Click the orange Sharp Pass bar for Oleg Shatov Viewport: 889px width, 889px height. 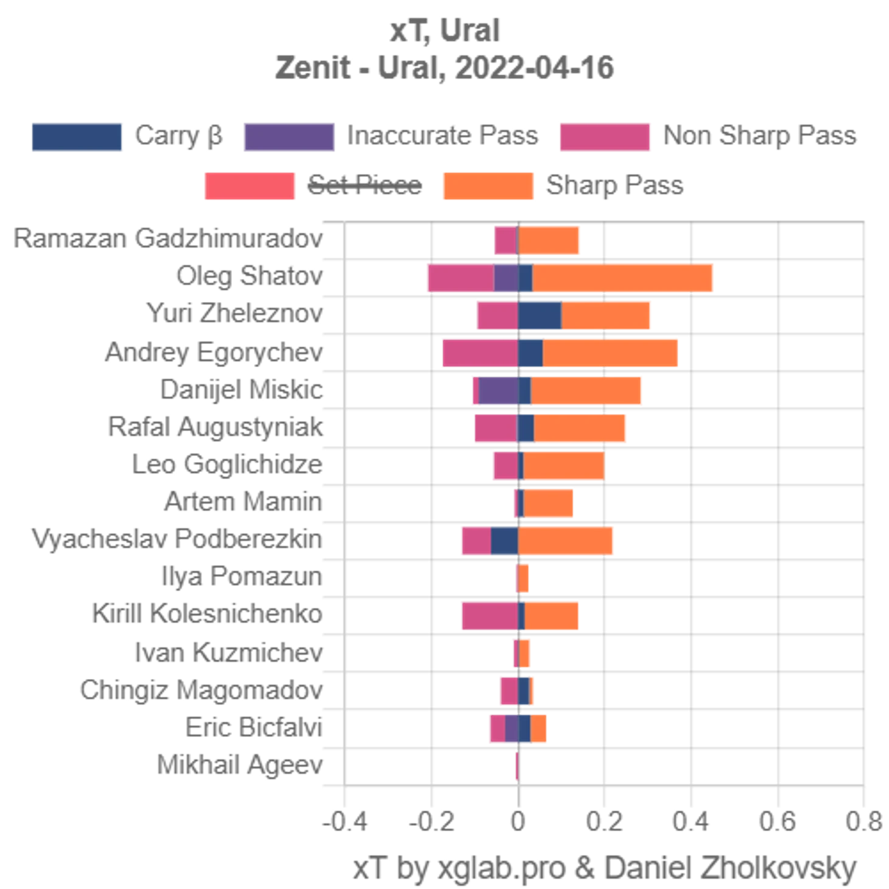(x=624, y=278)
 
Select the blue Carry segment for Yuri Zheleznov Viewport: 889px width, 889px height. (x=539, y=315)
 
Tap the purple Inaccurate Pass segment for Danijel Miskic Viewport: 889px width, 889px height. (x=498, y=390)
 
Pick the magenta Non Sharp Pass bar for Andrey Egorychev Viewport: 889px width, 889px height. (x=480, y=353)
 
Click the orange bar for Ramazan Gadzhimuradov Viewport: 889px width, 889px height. (x=550, y=240)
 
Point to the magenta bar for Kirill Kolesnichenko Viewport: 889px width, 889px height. (x=490, y=615)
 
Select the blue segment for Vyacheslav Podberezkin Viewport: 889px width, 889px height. (x=505, y=540)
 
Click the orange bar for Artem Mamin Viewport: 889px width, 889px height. (x=549, y=503)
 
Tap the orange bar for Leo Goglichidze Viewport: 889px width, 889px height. (x=564, y=466)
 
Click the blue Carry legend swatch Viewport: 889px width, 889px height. (x=77, y=137)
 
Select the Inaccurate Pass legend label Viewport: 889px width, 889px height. (x=443, y=136)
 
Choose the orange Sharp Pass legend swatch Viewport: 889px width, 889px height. (x=487, y=186)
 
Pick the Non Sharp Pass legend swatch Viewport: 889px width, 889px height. (x=605, y=137)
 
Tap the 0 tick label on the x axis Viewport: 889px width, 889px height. (x=518, y=823)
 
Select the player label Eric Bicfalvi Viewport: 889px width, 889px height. (x=256, y=728)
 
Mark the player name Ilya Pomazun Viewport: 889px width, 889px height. (x=244, y=577)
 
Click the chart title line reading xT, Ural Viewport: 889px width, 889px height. (x=444, y=32)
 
